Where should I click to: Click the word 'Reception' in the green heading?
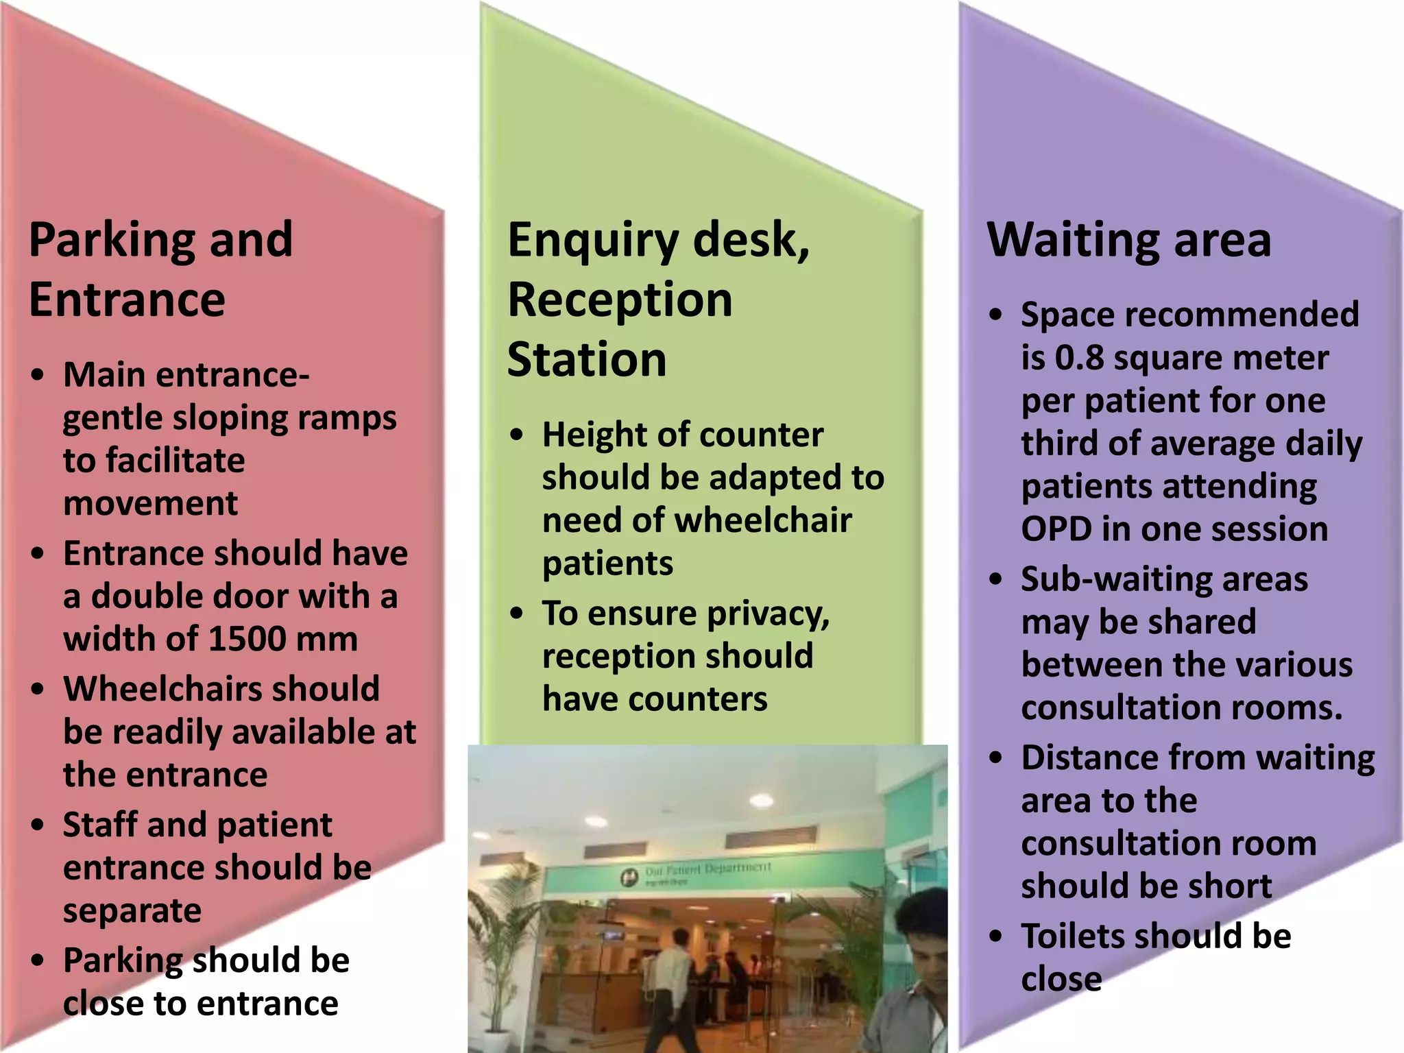coord(620,300)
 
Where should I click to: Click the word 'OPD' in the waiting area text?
coord(1056,530)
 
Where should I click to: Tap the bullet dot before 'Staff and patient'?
coord(38,825)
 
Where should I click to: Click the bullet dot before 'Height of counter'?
coord(517,435)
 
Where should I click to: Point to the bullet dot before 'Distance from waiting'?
coord(996,758)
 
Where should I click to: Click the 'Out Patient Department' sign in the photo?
coord(699,871)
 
